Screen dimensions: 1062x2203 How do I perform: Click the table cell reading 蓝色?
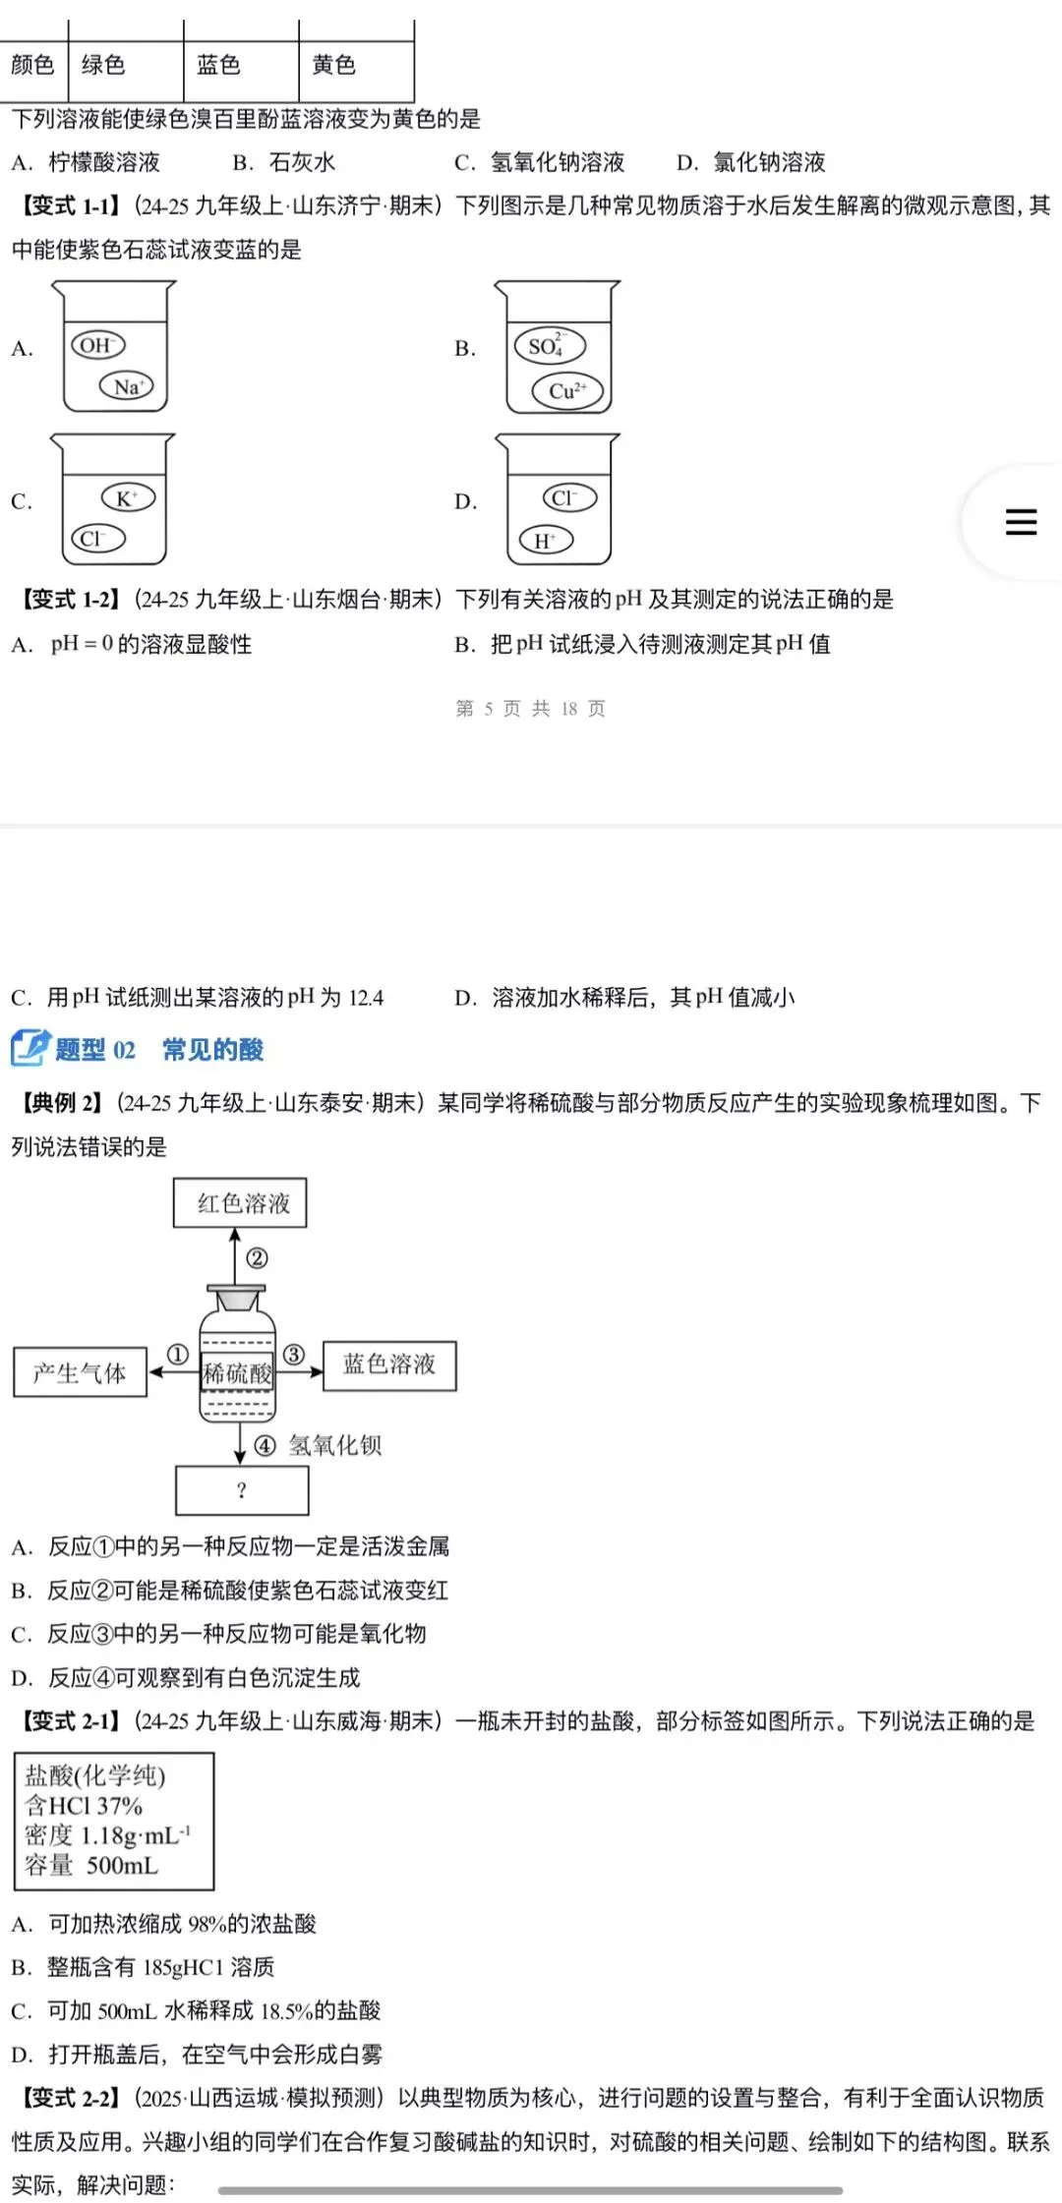[219, 65]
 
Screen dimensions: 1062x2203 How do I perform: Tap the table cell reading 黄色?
[334, 65]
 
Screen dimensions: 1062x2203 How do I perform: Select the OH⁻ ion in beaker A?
[96, 345]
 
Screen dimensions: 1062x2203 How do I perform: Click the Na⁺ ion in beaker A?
[128, 386]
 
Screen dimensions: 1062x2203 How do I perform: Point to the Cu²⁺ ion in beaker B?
[567, 390]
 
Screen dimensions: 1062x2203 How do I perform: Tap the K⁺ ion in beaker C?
[128, 497]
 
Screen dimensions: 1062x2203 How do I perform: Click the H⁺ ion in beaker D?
[546, 540]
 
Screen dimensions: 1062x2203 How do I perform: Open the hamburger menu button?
[1021, 521]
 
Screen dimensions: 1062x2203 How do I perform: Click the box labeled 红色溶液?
[241, 1203]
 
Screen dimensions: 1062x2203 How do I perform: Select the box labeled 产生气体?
[81, 1372]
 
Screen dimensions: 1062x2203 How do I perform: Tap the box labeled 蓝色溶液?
[389, 1364]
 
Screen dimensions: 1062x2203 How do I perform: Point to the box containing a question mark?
[242, 1490]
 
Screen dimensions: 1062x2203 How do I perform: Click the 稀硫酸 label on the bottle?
[237, 1373]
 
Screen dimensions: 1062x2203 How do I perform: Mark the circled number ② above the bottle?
[258, 1258]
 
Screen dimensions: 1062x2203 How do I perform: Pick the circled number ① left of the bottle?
[177, 1355]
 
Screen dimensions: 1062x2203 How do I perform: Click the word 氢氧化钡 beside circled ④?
[335, 1445]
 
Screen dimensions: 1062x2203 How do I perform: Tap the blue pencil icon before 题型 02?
[29, 1049]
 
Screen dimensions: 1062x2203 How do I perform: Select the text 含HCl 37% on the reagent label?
[85, 1806]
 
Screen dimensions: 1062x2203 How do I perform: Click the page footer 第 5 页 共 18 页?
[531, 709]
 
